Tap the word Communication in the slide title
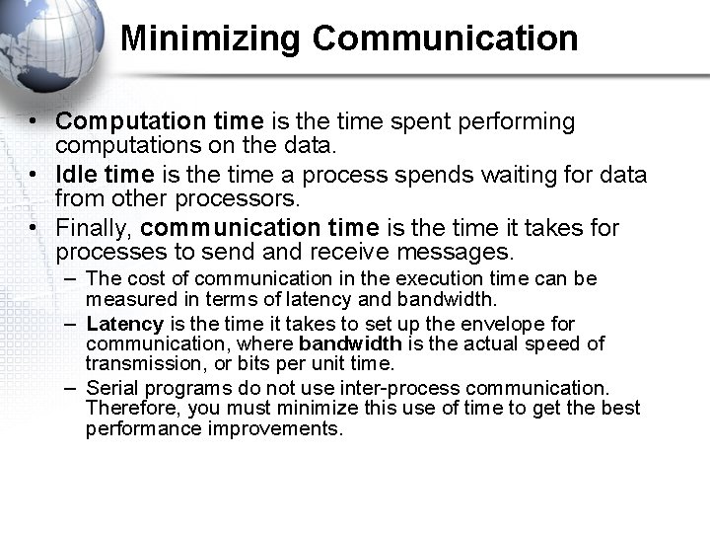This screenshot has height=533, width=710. tap(445, 38)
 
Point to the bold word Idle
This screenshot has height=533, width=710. tap(76, 175)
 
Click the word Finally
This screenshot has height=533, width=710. tap(94, 228)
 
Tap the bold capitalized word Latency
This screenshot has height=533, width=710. tap(125, 324)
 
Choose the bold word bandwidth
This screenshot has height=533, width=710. tap(350, 343)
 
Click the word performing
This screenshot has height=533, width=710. tap(515, 121)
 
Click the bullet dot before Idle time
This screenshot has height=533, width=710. tap(33, 175)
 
